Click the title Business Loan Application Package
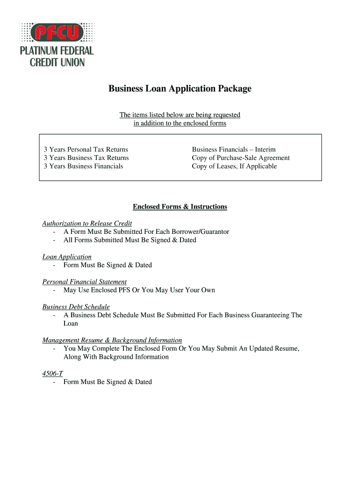point(180,88)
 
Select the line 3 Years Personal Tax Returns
point(86,150)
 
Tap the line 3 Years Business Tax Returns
point(86,158)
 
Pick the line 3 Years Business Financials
point(83,167)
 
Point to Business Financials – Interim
point(234,150)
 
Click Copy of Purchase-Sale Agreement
point(241,158)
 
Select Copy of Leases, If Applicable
point(234,167)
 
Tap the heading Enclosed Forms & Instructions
point(180,207)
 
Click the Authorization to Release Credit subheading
point(87,224)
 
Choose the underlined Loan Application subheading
point(67,257)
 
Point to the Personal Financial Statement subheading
point(84,282)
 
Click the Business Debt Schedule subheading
point(76,307)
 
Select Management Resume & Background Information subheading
point(112,340)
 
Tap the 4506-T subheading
point(52,374)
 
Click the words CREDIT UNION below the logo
point(57,62)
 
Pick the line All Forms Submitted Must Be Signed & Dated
point(130,240)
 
